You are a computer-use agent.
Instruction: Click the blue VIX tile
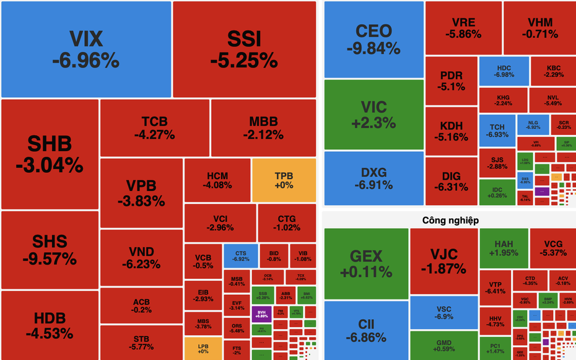(85, 50)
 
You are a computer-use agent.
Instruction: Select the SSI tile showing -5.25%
(244, 50)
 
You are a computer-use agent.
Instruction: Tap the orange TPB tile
(284, 180)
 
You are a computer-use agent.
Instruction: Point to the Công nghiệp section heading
(450, 220)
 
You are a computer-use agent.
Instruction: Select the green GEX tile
(366, 263)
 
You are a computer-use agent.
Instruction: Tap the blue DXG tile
(373, 178)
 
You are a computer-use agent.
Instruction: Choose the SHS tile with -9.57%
(50, 250)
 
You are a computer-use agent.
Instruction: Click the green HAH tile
(503, 248)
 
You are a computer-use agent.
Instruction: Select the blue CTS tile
(240, 257)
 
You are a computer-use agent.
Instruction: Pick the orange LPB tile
(203, 348)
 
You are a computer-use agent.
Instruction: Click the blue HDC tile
(504, 71)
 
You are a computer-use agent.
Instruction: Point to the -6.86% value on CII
(366, 338)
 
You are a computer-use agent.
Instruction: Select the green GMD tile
(443, 346)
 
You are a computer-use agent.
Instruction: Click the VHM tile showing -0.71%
(539, 28)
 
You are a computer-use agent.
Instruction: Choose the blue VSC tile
(443, 313)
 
